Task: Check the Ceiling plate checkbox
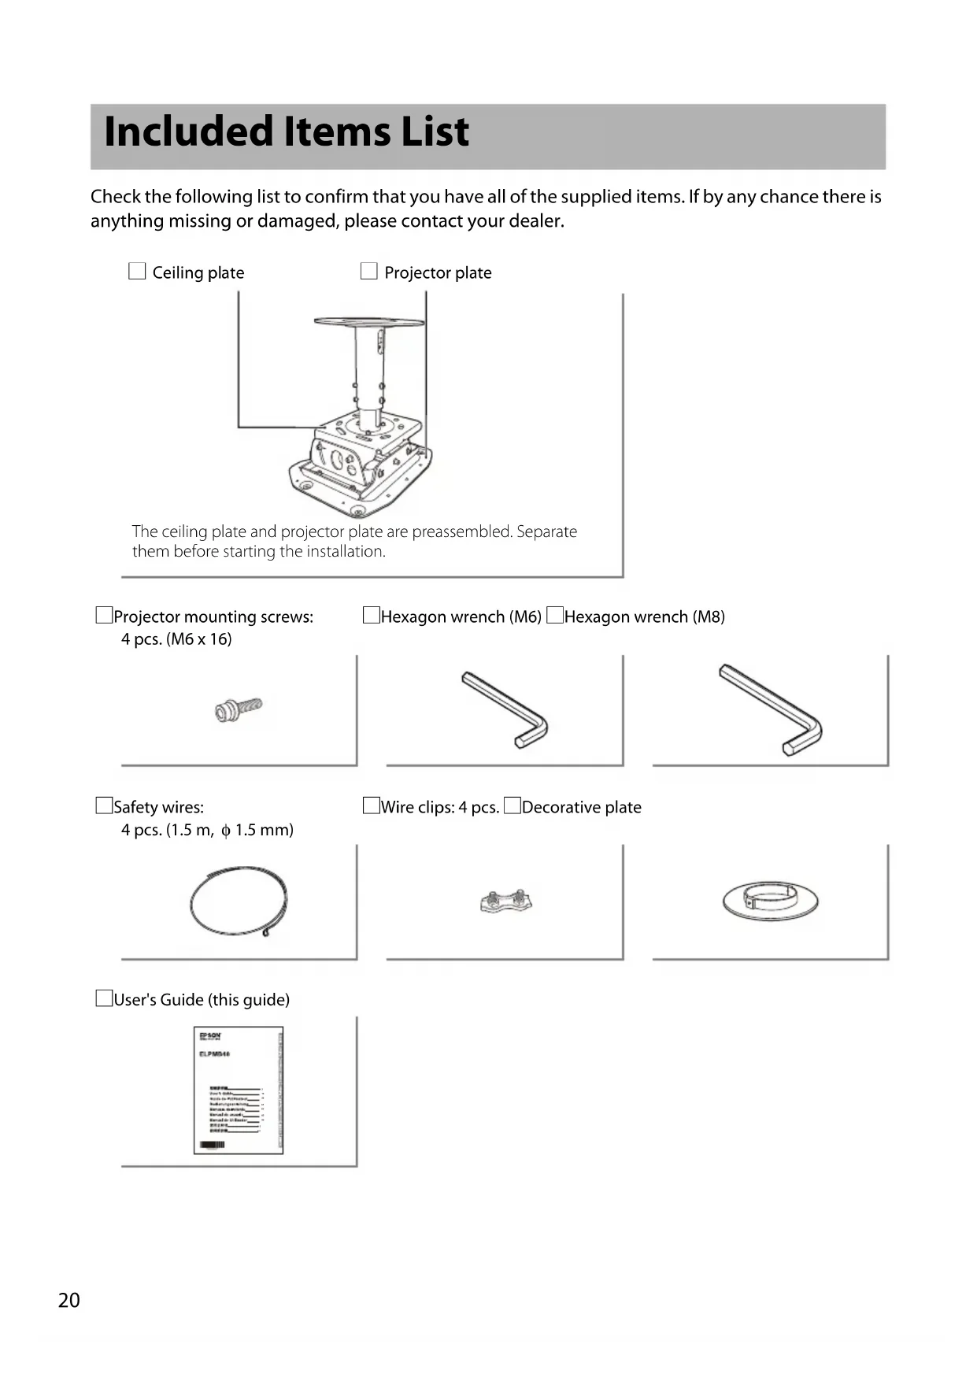[137, 272]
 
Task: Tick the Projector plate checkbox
[368, 272]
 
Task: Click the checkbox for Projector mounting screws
[104, 616]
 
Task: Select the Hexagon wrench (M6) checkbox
[372, 616]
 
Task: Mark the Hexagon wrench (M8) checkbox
[555, 616]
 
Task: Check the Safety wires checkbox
[104, 806]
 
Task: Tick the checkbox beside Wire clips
[372, 806]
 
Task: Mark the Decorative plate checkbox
[513, 806]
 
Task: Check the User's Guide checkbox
[104, 999]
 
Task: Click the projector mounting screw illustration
[239, 709]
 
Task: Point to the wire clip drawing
[505, 901]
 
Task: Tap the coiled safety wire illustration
[239, 902]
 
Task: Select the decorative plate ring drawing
[770, 900]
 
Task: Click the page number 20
[69, 1300]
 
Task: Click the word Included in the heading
[188, 131]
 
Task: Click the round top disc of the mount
[368, 321]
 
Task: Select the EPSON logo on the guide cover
[209, 1035]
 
